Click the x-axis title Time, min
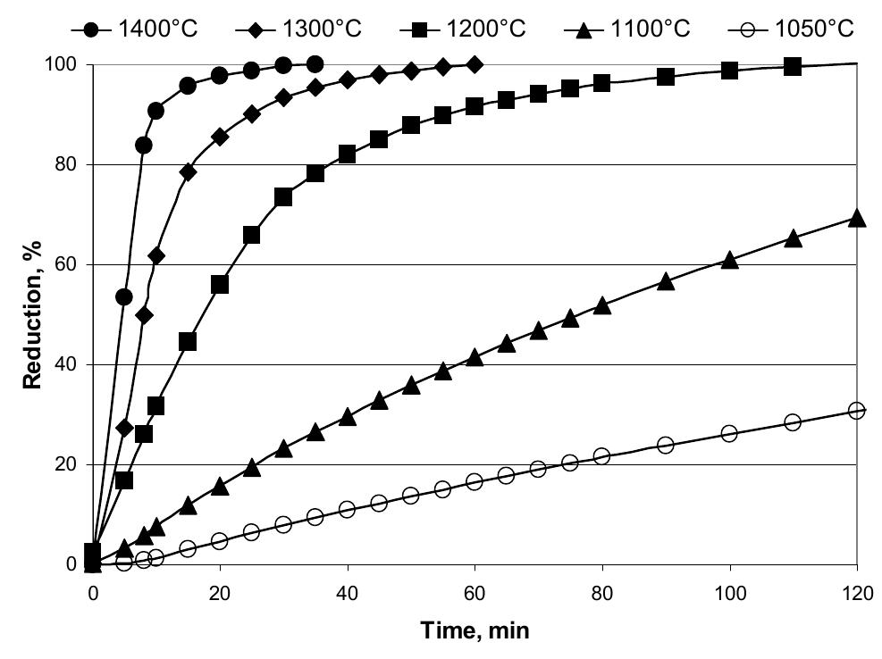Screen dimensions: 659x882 (475, 631)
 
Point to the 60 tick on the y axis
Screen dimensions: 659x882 (66, 264)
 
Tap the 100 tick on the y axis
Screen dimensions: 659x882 (62, 65)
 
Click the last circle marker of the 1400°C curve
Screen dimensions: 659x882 (315, 64)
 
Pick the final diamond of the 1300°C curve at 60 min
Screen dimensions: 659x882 (475, 64)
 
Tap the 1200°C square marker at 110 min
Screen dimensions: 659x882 (793, 67)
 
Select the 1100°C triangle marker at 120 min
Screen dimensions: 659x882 (856, 218)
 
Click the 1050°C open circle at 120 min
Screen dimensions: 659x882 (856, 411)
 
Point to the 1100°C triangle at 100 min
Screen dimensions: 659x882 (729, 260)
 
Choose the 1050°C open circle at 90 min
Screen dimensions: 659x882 (666, 445)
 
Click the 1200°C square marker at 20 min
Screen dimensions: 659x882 (220, 284)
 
